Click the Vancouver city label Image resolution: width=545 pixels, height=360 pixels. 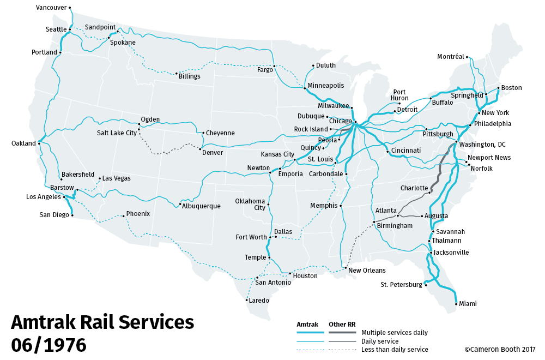click(x=51, y=8)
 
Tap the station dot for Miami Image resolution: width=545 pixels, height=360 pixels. click(x=456, y=304)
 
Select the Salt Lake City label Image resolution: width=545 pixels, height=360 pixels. click(x=117, y=133)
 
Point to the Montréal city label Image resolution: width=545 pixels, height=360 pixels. click(x=451, y=57)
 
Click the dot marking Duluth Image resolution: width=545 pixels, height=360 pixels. click(x=313, y=66)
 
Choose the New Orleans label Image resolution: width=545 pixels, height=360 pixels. click(x=367, y=271)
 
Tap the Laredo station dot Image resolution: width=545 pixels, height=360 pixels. click(x=247, y=300)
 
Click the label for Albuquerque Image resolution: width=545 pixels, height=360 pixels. click(x=202, y=206)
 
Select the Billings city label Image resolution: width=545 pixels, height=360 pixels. click(x=190, y=76)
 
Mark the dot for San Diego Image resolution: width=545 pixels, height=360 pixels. click(x=72, y=215)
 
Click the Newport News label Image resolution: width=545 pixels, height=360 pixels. click(x=489, y=158)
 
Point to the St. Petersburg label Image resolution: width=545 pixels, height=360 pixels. click(x=401, y=285)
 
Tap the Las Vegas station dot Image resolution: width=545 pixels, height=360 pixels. click(x=99, y=178)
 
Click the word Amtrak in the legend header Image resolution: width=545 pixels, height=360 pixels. click(x=307, y=325)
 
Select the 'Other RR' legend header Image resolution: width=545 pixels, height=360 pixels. click(x=342, y=325)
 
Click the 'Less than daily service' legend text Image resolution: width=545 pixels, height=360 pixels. click(x=395, y=350)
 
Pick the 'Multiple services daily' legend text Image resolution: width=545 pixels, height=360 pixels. click(x=395, y=333)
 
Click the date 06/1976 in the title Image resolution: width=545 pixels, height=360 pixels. click(x=49, y=345)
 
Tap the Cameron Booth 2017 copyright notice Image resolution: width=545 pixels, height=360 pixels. click(x=500, y=350)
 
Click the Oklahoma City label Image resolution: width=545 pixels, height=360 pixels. click(x=250, y=204)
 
